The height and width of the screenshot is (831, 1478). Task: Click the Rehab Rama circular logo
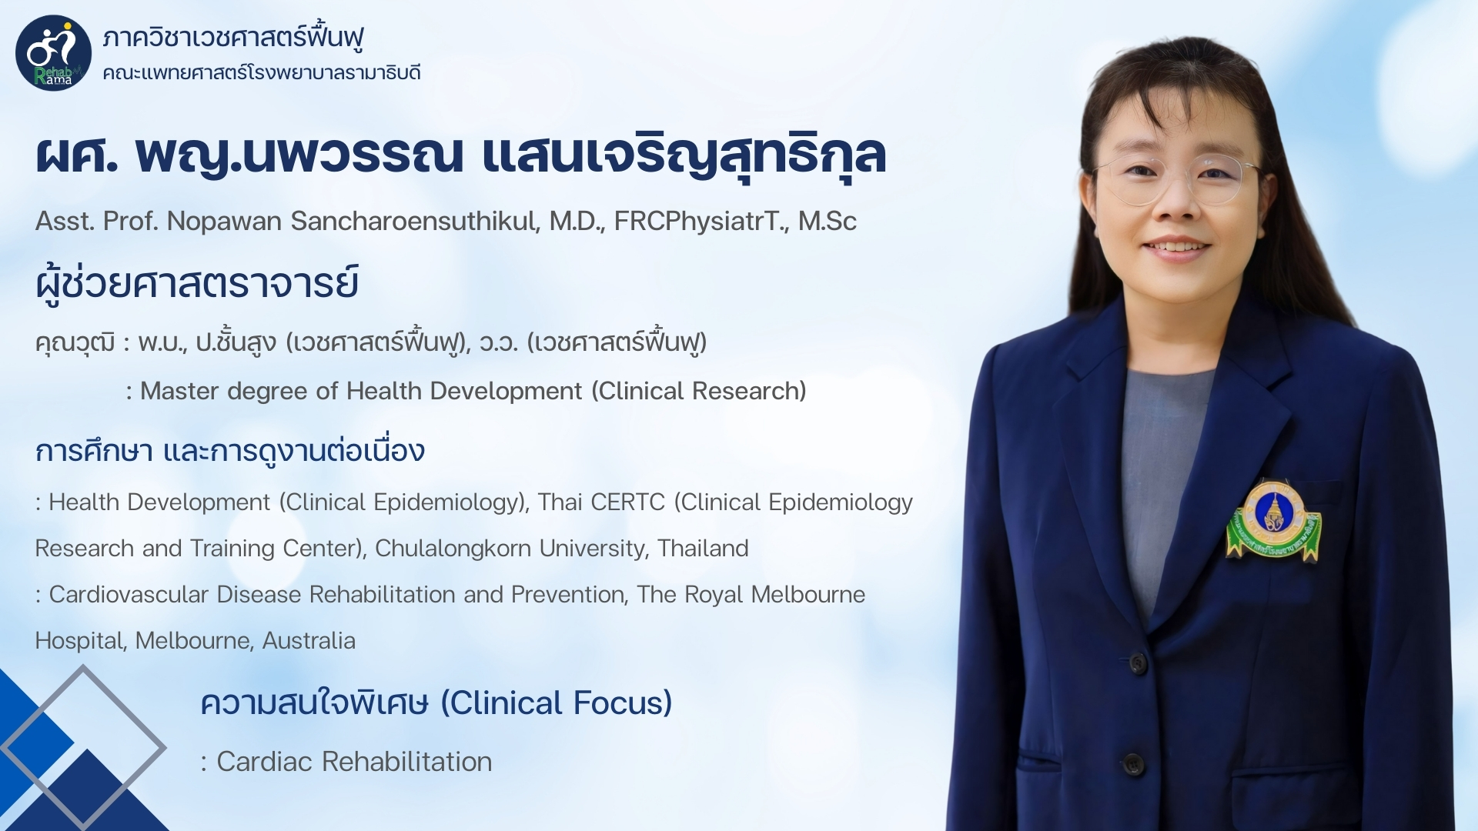pos(53,53)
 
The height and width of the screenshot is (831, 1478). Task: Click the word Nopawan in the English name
pos(225,222)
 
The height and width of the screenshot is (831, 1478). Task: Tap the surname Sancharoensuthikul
pos(416,222)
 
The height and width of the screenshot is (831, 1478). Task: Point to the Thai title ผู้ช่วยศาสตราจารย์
pos(197,283)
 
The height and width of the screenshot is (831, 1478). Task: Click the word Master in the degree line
pos(180,391)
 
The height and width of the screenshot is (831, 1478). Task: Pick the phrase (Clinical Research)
pos(699,391)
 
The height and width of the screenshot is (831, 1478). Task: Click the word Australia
pos(309,641)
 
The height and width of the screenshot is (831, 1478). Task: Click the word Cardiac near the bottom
pos(265,762)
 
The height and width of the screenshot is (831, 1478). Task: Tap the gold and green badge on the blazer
pos(1274,521)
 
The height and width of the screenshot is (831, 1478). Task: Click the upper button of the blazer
pos(1138,662)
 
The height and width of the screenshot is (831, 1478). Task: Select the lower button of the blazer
pos(1132,764)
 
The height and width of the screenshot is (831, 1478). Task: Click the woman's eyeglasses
pos(1175,179)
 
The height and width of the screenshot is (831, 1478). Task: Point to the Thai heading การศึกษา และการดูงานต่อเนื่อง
pos(230,451)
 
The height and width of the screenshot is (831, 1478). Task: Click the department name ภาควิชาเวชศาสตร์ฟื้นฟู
pos(233,37)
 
